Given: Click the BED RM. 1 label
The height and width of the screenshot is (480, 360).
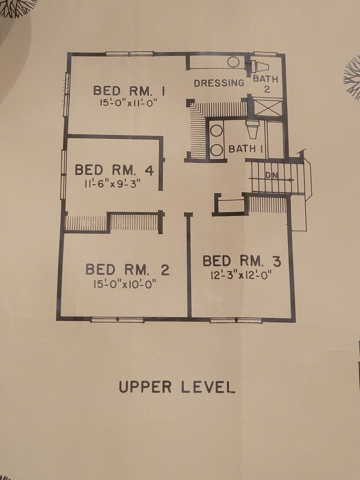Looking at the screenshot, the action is coord(129,91).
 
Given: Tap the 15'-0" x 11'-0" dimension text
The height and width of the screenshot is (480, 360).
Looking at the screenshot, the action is coord(128,103).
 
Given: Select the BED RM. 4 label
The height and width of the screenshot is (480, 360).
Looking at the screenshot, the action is coord(114,170).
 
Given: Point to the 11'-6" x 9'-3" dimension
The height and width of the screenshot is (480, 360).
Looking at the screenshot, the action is coord(112,184).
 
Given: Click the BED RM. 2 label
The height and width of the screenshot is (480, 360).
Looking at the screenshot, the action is coord(128,269).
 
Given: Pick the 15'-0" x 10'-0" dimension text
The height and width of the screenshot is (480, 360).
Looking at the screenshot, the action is coord(125,284).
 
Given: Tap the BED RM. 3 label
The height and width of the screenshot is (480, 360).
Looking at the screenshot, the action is coord(242,261).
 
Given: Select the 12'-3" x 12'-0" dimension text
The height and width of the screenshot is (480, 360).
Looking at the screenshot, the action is coord(241,275).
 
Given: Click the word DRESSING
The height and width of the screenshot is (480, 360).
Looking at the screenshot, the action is coord(219,83).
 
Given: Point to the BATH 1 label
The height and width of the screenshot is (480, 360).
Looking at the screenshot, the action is coord(246,149).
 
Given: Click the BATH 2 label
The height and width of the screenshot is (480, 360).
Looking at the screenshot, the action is coord(265,84).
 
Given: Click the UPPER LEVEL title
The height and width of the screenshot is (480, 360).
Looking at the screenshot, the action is coord(177,387).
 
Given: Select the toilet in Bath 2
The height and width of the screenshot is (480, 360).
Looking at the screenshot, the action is coord(260,66).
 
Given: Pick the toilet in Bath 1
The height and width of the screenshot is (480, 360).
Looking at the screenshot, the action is coord(252,129).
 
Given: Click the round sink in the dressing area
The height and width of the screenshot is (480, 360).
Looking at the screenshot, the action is coord(233,62).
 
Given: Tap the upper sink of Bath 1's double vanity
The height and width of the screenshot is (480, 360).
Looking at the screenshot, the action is coord(216,130).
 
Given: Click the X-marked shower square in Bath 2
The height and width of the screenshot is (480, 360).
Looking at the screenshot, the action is coord(268,107).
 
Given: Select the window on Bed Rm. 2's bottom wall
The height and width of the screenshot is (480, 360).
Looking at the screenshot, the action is coord(117,320).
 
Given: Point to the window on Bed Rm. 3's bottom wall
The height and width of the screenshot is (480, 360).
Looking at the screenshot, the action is coord(236,320).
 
